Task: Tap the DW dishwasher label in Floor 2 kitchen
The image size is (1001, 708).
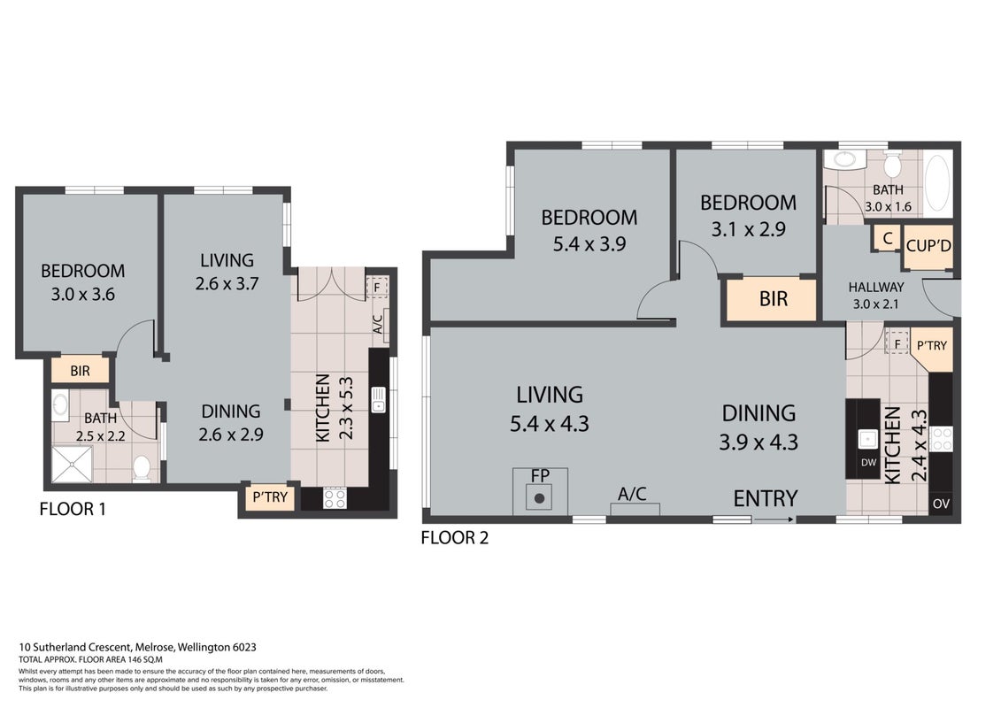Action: tap(868, 462)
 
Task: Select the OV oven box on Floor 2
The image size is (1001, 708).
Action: tap(941, 503)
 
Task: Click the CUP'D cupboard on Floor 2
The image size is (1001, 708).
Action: tap(928, 246)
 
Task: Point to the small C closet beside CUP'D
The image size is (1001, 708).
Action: tap(887, 239)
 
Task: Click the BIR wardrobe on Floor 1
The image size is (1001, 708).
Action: tap(80, 371)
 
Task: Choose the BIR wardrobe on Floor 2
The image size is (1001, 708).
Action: tap(773, 299)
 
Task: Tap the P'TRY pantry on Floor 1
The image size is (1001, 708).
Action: tap(270, 496)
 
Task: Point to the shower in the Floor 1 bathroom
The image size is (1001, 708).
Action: tap(73, 464)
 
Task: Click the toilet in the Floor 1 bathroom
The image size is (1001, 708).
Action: tap(142, 468)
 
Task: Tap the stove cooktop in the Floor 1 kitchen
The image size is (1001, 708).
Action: tap(335, 498)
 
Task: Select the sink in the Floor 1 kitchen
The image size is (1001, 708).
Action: tap(379, 400)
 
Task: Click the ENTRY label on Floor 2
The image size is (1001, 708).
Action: tap(766, 498)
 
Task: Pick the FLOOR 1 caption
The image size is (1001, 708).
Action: tap(73, 510)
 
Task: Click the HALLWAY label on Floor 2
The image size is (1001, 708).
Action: tap(876, 288)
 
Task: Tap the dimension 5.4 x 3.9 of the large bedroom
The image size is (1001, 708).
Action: tap(589, 244)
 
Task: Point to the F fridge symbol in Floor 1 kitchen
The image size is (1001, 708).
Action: tap(377, 288)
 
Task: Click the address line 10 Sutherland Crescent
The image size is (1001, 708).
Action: tap(138, 647)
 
